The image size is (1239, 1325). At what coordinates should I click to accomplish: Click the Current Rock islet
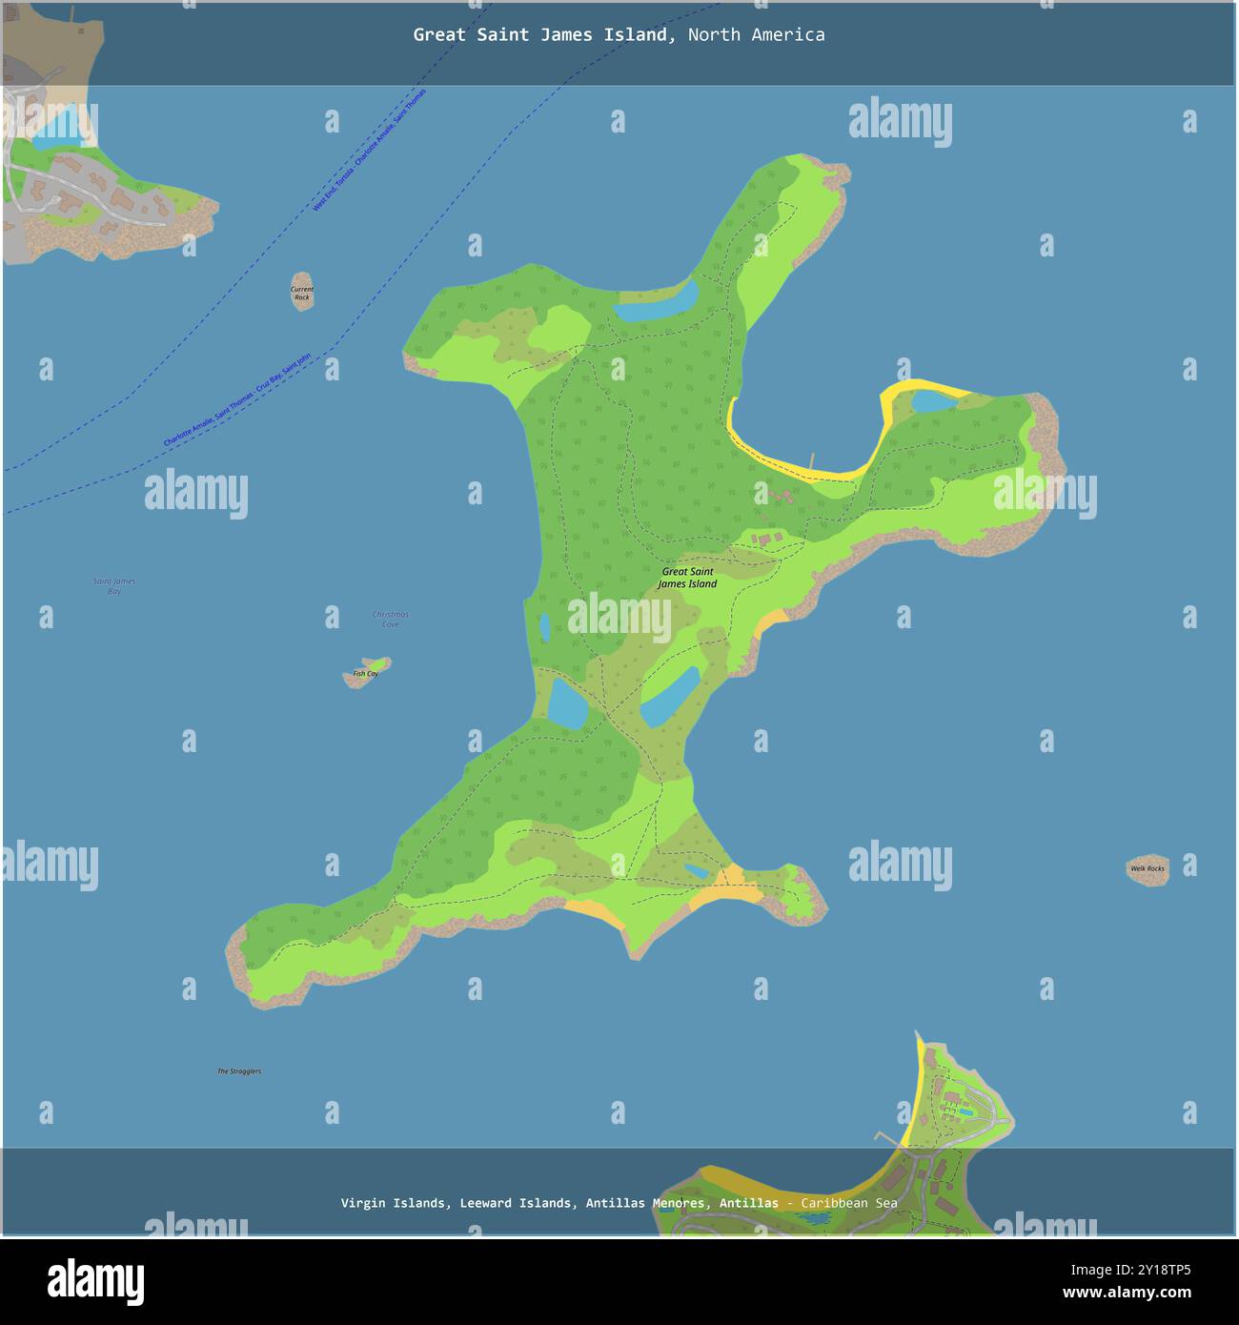pos(302,292)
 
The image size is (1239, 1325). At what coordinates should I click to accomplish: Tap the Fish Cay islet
pos(366,672)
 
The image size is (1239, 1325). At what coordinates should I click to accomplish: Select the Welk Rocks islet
pos(1148,868)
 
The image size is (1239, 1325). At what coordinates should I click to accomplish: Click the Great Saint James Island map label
pos(687,578)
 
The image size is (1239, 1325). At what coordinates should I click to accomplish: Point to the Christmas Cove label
pos(390,619)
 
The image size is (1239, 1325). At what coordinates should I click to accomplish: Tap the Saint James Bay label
pos(114,585)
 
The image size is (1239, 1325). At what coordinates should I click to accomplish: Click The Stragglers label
pos(238,1071)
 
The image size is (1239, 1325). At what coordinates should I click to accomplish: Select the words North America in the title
pos(756,35)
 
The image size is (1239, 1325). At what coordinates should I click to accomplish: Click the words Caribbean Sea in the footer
pos(848,1203)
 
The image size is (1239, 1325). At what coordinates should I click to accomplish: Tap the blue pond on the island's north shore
pos(656,302)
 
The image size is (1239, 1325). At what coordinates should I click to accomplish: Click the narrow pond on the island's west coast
pos(544,627)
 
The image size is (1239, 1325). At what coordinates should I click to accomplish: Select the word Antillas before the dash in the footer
pos(748,1203)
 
